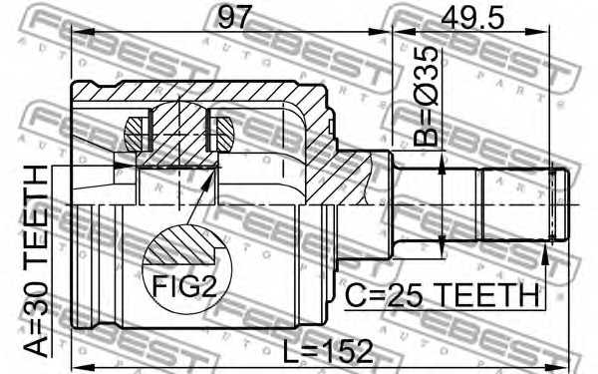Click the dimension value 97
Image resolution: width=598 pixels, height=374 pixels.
[235, 18]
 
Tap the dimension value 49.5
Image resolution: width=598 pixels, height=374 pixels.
[472, 18]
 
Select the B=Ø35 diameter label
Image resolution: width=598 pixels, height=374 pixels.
[426, 97]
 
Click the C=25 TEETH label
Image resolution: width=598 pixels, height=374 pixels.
[442, 296]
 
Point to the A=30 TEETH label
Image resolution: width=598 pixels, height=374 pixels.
[36, 261]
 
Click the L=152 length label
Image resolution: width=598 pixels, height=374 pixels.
[328, 351]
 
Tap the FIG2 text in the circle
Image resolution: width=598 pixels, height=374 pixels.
[184, 286]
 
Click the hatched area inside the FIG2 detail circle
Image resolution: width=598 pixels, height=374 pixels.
[180, 246]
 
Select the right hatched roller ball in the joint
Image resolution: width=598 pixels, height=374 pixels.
[222, 134]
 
